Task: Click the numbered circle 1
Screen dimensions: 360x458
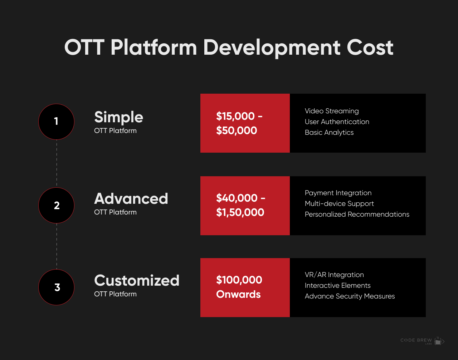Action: (56, 122)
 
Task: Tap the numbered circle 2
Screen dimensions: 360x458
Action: (56, 205)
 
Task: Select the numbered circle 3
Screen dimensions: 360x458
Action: (56, 287)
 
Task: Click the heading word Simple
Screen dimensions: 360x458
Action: (118, 117)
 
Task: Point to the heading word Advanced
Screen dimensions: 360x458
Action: (131, 199)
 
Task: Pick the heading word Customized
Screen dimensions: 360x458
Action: (137, 281)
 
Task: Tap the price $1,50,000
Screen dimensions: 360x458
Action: (240, 212)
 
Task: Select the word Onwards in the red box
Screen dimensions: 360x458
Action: (238, 294)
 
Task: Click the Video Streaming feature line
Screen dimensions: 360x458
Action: (332, 111)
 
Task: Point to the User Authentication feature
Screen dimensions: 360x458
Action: (337, 122)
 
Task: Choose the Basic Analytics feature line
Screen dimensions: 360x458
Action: (329, 133)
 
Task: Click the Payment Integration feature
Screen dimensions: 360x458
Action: (338, 193)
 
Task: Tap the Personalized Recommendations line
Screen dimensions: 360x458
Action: (357, 214)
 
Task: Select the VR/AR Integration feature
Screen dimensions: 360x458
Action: (334, 275)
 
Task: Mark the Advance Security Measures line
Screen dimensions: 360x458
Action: (350, 296)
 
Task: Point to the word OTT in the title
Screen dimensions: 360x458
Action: (84, 47)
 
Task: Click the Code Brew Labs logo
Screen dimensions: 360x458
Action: (422, 341)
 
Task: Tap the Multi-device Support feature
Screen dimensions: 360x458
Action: (339, 204)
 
